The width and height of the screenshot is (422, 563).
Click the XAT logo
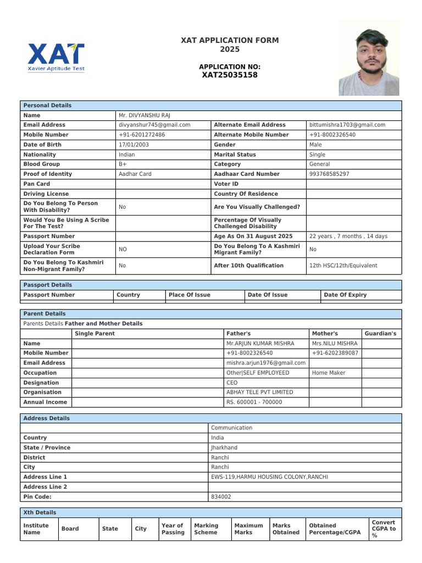pyautogui.click(x=56, y=57)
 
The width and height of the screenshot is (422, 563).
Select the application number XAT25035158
pyautogui.click(x=230, y=75)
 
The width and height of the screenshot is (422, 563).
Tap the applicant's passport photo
pyautogui.click(x=369, y=58)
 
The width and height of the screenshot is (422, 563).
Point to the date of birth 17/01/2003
pyautogui.click(x=134, y=145)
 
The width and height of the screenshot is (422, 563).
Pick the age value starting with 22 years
pyautogui.click(x=348, y=236)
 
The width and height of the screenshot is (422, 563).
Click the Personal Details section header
pyautogui.click(x=47, y=106)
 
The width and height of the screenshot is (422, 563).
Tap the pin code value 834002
pyautogui.click(x=221, y=497)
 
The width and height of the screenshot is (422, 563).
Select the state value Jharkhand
pyautogui.click(x=224, y=448)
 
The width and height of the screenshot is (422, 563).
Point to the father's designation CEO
pyautogui.click(x=232, y=383)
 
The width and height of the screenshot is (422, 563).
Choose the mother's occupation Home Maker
pyautogui.click(x=329, y=373)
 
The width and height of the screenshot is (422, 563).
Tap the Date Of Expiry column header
pyautogui.click(x=345, y=295)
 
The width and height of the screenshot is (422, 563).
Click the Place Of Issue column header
pyautogui.click(x=190, y=295)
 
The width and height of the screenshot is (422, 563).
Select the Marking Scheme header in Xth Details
pyautogui.click(x=206, y=529)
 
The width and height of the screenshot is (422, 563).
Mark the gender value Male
pyautogui.click(x=316, y=145)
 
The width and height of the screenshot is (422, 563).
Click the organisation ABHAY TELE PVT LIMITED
pyautogui.click(x=260, y=393)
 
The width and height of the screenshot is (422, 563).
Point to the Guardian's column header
pyautogui.click(x=380, y=334)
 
